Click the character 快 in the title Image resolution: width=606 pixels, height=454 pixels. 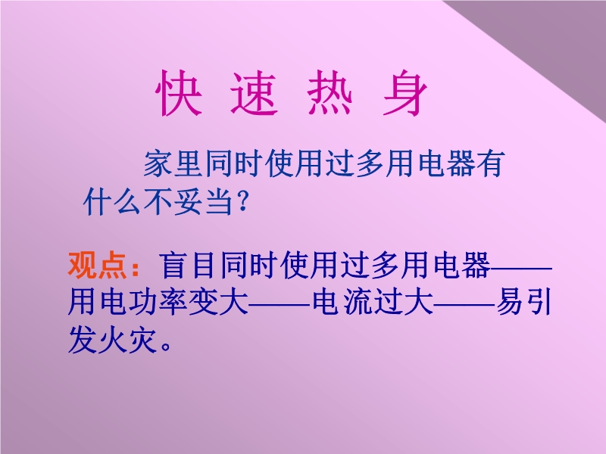pos(179,93)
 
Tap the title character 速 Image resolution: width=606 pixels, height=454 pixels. pos(255,93)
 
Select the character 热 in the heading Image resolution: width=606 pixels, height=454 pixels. pos(330,93)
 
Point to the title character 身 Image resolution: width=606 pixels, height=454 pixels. pos(405,93)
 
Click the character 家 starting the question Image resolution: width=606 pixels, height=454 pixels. pos(158,163)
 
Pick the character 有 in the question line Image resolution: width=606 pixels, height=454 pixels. pos(490,163)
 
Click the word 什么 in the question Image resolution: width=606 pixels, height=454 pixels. pos(112,201)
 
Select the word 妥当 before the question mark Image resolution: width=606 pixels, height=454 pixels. pos(203,201)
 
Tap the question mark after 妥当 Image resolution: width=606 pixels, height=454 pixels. pos(242,201)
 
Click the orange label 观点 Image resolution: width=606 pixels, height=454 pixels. pos(98,266)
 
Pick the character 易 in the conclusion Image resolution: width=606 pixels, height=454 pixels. pos(510,301)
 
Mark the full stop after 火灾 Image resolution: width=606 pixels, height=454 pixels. pos(166,347)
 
